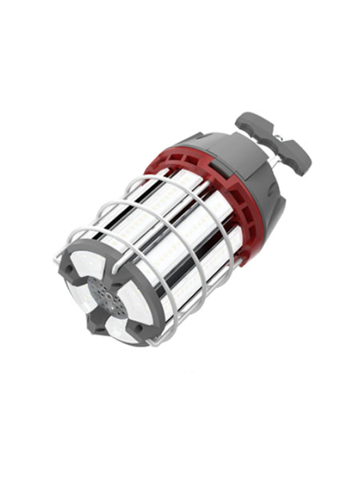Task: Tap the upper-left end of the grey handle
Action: coord(249,122)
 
